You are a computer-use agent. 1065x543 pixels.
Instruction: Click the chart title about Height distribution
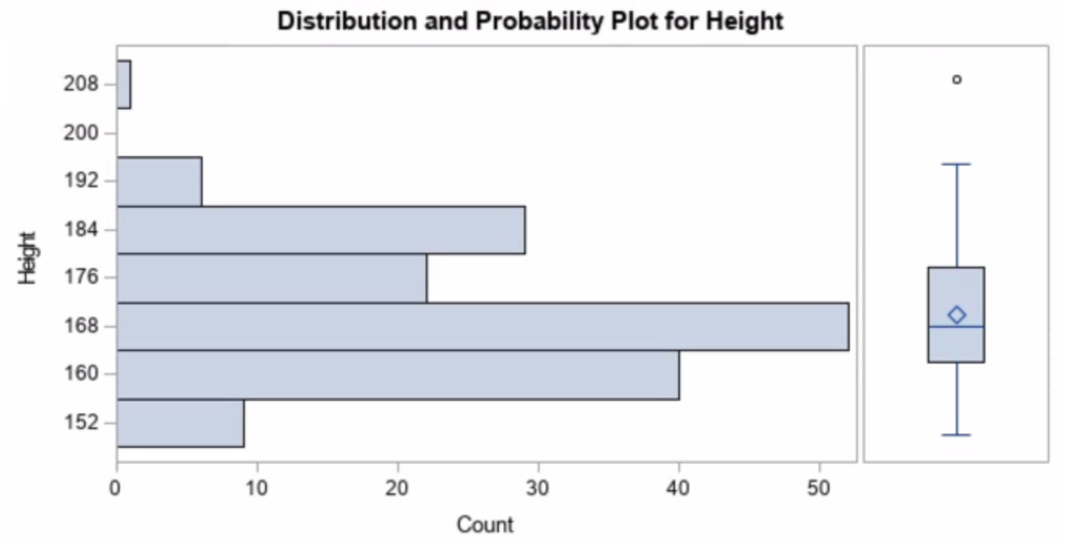coord(530,21)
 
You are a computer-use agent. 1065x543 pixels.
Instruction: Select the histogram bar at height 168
coord(483,326)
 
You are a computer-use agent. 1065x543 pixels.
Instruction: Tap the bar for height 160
coord(398,374)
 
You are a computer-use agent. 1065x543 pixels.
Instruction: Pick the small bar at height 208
coord(124,84)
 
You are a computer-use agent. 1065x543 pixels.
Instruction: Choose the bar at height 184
coord(320,230)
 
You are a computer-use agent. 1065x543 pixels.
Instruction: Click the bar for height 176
coord(271,278)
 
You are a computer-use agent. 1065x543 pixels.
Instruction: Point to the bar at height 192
coord(159,181)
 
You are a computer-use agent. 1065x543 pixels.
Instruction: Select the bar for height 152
coord(180,423)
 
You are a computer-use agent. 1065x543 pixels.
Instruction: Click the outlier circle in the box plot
coord(957,80)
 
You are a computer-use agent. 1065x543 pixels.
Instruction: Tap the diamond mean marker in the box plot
coord(957,314)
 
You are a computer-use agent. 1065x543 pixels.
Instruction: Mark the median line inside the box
coord(957,326)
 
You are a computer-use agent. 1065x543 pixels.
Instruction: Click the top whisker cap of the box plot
coord(957,164)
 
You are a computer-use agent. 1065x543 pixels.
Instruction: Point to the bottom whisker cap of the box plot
coord(957,435)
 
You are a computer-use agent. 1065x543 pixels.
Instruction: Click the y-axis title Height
coord(29,257)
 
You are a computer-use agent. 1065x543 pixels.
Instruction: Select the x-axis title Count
coord(485,524)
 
